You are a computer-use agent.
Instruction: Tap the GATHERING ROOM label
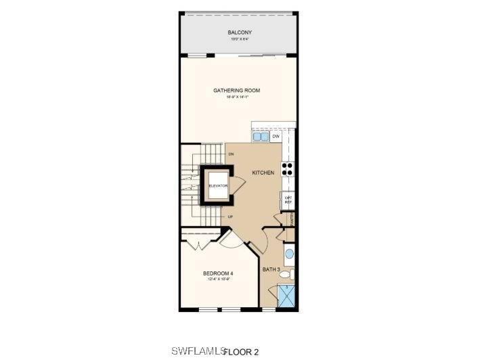click(x=236, y=91)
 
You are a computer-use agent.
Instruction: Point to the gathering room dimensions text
click(x=236, y=97)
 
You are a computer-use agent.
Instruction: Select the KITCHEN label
click(x=263, y=173)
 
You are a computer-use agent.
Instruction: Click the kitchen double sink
click(x=261, y=137)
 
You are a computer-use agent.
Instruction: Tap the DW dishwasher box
click(x=276, y=137)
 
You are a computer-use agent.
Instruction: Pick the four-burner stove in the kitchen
click(x=287, y=169)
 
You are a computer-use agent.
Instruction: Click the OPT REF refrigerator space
click(x=288, y=200)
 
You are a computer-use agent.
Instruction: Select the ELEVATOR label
click(x=217, y=185)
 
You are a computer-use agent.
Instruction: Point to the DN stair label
click(x=231, y=155)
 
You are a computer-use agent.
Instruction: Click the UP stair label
click(x=230, y=217)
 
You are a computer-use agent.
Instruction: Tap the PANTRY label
click(x=292, y=219)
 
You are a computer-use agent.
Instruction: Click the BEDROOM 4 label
click(x=218, y=273)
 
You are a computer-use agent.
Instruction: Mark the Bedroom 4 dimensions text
click(x=218, y=279)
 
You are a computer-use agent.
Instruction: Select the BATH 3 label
click(x=271, y=269)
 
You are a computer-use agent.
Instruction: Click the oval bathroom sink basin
click(x=289, y=254)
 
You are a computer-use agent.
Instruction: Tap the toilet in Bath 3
click(x=288, y=275)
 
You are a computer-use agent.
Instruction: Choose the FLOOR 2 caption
click(x=241, y=352)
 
